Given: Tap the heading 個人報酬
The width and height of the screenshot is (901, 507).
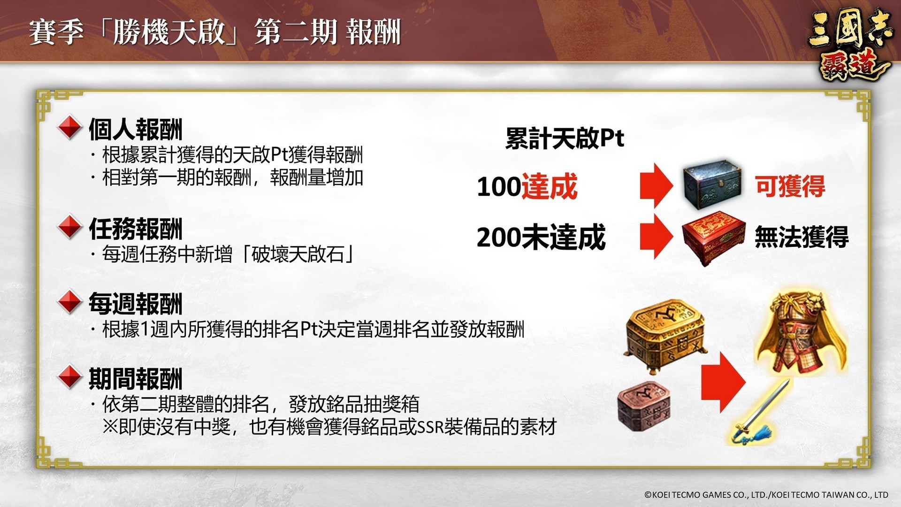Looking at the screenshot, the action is [x=136, y=130].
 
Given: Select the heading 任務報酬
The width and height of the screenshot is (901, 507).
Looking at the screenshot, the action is [x=136, y=229].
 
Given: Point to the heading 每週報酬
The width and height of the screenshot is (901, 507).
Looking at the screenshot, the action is [x=136, y=303].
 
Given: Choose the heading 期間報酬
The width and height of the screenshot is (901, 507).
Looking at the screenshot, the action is [x=136, y=378].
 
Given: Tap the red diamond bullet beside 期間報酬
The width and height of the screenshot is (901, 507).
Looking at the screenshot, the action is [x=70, y=376].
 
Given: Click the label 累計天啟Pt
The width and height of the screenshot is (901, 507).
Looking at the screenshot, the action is [x=565, y=138].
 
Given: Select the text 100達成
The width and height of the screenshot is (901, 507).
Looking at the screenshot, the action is [x=527, y=186].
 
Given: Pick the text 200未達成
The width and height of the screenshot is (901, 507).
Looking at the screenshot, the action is [x=541, y=237].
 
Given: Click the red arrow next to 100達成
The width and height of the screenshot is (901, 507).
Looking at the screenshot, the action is [x=656, y=186].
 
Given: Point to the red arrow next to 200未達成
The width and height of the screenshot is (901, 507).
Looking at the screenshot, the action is [x=656, y=237].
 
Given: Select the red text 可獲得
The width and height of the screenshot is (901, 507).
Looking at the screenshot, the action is [x=790, y=186].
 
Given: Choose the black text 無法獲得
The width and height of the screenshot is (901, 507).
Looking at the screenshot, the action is [x=802, y=237].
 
